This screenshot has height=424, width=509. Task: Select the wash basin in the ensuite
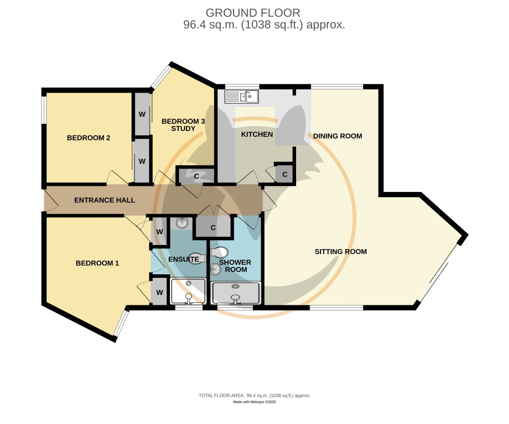182,224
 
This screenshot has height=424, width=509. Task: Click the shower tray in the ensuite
188,291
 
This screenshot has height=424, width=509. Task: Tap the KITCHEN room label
257,135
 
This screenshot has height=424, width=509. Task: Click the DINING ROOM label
337,136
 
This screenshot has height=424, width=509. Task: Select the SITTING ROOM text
341,252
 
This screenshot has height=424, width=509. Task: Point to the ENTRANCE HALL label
104,200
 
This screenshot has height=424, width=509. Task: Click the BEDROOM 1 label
98,263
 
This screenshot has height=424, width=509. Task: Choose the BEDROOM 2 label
88,138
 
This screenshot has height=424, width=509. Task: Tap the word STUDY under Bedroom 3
180,129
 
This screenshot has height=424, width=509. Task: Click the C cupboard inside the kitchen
285,174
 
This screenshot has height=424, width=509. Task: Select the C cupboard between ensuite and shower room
213,228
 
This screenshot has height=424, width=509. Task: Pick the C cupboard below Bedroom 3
196,176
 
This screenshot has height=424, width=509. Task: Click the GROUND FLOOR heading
252,12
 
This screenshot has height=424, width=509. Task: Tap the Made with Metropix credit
254,402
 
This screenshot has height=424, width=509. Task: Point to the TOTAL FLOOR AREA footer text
254,395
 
